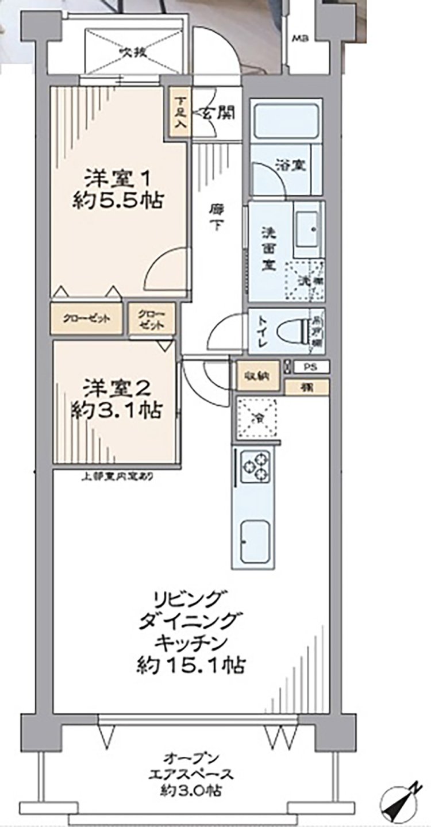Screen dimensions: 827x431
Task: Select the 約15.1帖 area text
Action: coord(191,666)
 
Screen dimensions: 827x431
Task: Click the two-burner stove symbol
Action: coord(255,466)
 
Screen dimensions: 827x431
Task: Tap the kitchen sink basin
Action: coord(254,541)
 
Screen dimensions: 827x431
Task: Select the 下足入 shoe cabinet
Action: coord(179,112)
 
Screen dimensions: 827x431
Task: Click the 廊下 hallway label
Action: coord(216,218)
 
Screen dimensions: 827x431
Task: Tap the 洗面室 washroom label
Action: coord(267,250)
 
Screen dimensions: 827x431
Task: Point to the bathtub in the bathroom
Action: coord(286,122)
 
